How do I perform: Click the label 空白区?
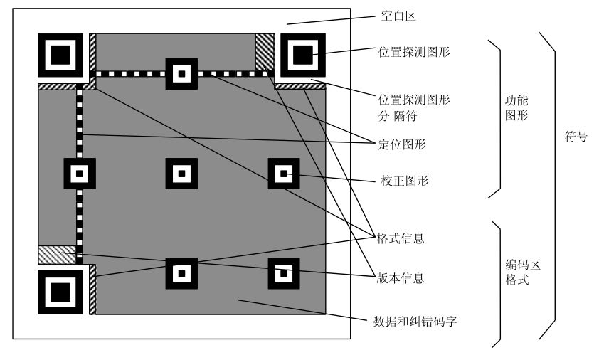[x=398, y=16]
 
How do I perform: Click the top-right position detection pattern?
[x=303, y=55]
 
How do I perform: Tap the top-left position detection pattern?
[x=60, y=55]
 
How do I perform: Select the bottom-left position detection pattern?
[x=60, y=292]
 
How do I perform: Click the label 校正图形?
[x=405, y=181]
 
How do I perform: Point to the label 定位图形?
[x=402, y=144]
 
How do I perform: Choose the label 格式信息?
[x=401, y=238]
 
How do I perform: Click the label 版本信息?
[x=401, y=278]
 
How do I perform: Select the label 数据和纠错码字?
[x=415, y=321]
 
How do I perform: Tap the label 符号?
[x=576, y=136]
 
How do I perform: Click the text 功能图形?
[x=516, y=107]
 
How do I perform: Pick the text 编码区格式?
[x=523, y=272]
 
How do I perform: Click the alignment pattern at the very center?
[x=181, y=174]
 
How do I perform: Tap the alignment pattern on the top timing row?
[x=181, y=74]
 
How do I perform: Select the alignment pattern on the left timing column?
[x=80, y=174]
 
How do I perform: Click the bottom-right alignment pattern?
[x=284, y=273]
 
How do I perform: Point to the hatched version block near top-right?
[x=265, y=52]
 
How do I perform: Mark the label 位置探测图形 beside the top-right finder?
[x=414, y=52]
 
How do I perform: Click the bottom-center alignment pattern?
[x=181, y=273]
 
